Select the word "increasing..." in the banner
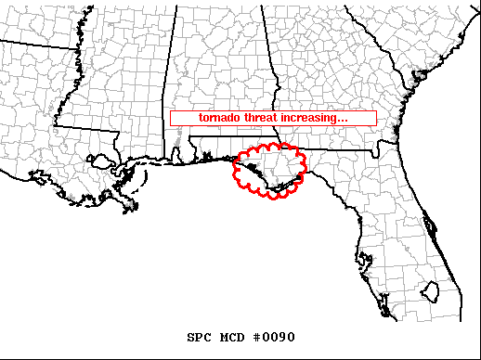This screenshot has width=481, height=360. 316,119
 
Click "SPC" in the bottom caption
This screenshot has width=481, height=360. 199,336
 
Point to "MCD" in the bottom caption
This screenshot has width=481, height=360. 231,336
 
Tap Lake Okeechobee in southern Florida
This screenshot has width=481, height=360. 430,293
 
